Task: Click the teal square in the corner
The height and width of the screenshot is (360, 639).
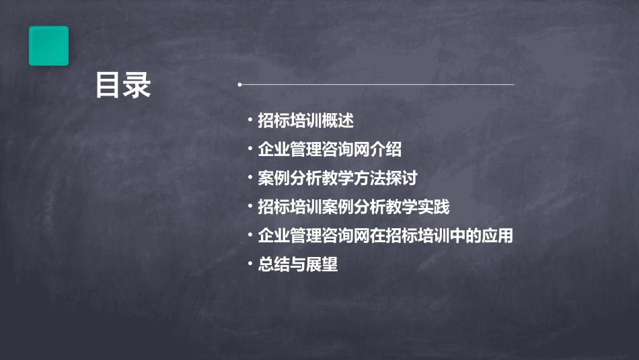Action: (x=48, y=46)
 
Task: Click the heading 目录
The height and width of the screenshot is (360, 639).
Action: (x=123, y=85)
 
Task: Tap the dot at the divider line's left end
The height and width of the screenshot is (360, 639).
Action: (x=239, y=85)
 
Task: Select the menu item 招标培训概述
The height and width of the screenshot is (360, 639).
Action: (x=305, y=120)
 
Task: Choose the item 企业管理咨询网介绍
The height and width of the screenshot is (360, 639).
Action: (x=330, y=149)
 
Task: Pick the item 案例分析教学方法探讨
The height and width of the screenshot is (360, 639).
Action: (x=338, y=178)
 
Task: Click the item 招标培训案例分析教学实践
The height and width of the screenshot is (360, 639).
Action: (x=354, y=207)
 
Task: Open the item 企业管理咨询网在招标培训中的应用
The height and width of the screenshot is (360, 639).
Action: (x=385, y=236)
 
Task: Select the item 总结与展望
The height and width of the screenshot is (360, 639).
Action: (x=297, y=265)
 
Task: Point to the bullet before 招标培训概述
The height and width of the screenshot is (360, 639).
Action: (x=250, y=120)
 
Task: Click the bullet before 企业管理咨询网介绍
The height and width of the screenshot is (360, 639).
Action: (x=250, y=149)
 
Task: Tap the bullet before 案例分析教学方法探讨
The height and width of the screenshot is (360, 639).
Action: (x=250, y=178)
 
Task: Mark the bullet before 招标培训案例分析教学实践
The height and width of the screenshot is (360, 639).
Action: (x=250, y=207)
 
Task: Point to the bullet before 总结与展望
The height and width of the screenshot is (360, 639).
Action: (x=250, y=265)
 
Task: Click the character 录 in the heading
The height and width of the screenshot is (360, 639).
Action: (x=137, y=85)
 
